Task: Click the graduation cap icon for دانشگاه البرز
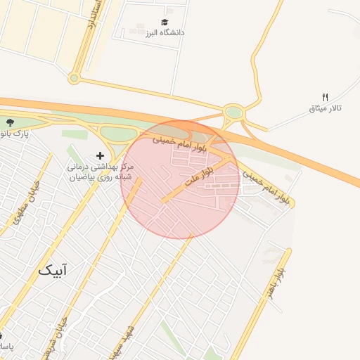(165, 22)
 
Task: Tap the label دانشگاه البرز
(165, 33)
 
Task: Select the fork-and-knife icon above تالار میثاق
(325, 97)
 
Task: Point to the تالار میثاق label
(325, 108)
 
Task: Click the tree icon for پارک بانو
(8, 122)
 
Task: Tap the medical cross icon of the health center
(100, 155)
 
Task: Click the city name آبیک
(55, 269)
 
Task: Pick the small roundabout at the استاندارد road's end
(74, 78)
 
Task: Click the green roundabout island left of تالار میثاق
(233, 112)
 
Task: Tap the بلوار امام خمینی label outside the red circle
(267, 186)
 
